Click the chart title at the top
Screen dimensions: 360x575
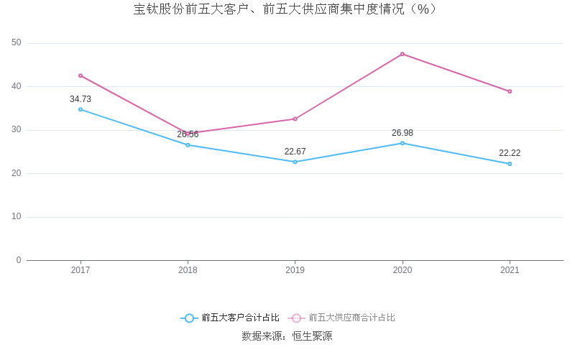(x=285, y=9)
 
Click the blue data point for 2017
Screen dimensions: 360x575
(x=80, y=109)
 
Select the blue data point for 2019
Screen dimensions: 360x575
(x=295, y=162)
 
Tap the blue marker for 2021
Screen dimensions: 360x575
(x=510, y=164)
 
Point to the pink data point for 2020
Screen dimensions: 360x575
(x=402, y=54)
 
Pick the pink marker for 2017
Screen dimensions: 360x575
(x=80, y=75)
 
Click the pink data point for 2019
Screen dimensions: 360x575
(x=295, y=119)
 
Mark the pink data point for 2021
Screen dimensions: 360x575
(x=510, y=91)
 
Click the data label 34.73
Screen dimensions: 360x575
(x=80, y=99)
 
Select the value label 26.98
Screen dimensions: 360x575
(x=402, y=133)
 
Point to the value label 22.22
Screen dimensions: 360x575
(x=510, y=153)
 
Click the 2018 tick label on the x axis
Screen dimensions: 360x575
(x=188, y=270)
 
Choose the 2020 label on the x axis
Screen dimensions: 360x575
(x=402, y=270)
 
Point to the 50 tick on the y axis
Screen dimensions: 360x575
(x=17, y=43)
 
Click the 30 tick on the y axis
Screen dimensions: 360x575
(x=17, y=130)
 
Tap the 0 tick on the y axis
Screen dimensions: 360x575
(x=19, y=260)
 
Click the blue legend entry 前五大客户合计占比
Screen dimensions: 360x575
(x=230, y=318)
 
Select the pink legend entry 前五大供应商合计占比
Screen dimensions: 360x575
(x=342, y=318)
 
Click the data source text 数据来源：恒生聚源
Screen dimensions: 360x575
(x=287, y=336)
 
